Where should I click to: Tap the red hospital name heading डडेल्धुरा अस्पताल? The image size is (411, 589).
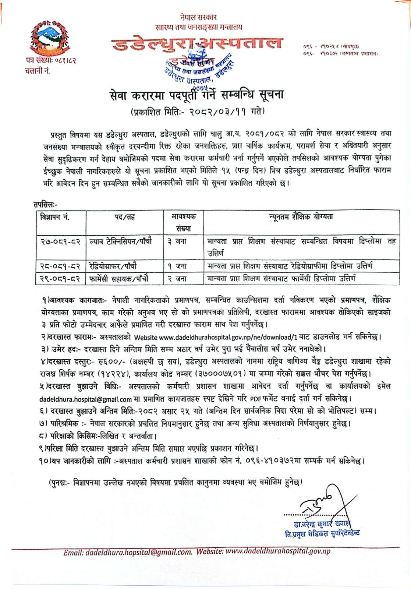(197, 43)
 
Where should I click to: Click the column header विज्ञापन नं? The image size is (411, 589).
(55, 217)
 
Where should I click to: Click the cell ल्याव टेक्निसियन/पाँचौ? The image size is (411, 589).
(121, 242)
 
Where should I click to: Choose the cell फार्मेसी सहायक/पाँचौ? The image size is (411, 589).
(119, 278)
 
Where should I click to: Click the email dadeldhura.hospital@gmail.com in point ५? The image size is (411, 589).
(85, 399)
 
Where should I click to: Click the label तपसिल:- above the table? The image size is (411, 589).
(45, 204)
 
